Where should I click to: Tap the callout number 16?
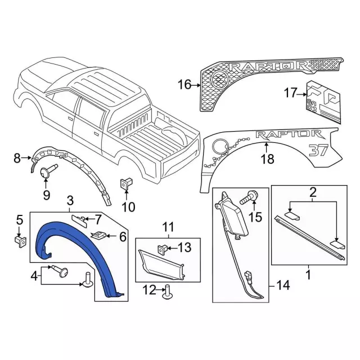click(x=184, y=85)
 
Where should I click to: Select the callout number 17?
click(x=290, y=93)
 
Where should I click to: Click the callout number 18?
click(x=267, y=159)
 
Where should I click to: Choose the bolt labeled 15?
click(x=249, y=197)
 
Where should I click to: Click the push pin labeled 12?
click(x=167, y=291)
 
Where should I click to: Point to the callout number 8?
click(x=17, y=159)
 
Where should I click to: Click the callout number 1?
click(x=308, y=276)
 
